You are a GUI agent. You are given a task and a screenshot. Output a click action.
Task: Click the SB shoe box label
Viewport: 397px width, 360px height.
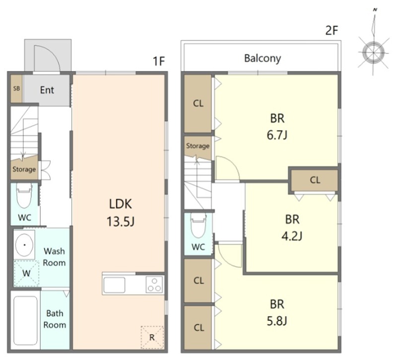click(x=16, y=88)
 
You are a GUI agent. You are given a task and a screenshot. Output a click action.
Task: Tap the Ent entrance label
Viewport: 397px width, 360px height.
click(x=47, y=90)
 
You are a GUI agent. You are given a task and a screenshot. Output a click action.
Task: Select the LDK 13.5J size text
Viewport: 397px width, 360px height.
click(x=121, y=221)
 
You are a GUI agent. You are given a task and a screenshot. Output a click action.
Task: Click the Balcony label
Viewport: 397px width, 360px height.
click(x=263, y=59)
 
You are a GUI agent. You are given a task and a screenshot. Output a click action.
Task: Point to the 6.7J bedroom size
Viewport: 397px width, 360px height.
click(x=277, y=135)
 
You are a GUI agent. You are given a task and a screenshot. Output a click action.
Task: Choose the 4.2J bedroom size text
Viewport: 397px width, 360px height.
click(x=292, y=236)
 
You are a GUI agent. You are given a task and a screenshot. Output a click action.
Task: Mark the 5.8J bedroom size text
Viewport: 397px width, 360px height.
click(x=277, y=321)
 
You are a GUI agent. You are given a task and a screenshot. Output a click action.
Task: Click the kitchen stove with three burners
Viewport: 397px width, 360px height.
click(x=154, y=284)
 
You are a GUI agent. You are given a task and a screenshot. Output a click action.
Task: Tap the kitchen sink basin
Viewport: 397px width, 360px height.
click(x=114, y=285)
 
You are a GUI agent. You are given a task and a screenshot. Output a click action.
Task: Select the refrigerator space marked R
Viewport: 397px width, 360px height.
click(x=152, y=338)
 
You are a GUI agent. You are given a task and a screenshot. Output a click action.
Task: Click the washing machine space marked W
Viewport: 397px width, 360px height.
click(x=26, y=274)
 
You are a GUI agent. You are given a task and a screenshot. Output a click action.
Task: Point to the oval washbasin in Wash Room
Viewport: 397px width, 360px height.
click(x=24, y=245)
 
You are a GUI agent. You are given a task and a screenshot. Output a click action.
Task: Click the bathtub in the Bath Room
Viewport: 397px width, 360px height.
click(x=25, y=320)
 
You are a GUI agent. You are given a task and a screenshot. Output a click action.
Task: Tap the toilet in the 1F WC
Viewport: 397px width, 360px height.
click(x=24, y=196)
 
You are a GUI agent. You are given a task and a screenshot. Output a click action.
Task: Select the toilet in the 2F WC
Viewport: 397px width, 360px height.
click(x=198, y=225)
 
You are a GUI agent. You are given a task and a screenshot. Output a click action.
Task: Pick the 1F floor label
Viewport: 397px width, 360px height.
click(x=159, y=61)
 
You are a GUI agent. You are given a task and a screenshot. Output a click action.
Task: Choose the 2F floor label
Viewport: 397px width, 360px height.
click(x=331, y=31)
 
